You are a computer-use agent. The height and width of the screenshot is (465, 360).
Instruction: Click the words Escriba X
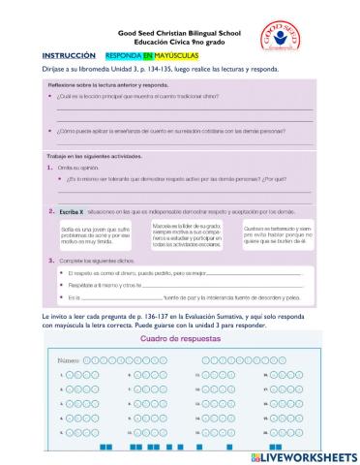[71, 210]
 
